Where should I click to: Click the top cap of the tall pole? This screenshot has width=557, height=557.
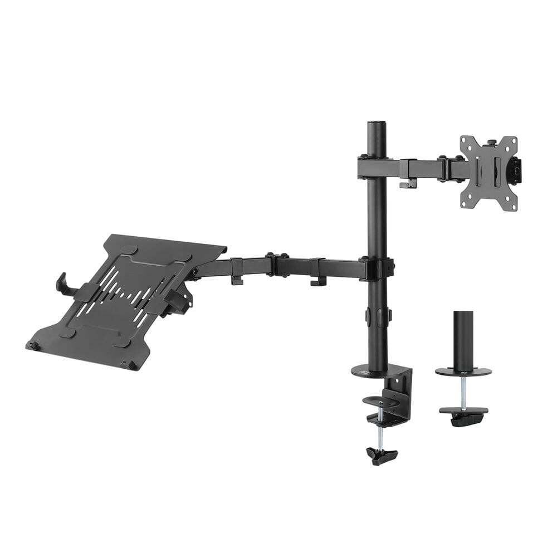point(377,122)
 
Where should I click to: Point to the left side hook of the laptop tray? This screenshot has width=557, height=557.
point(62,283)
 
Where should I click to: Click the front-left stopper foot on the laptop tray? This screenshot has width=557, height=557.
point(33,346)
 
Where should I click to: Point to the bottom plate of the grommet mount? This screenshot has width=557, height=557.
point(463,412)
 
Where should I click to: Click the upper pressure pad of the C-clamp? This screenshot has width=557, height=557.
point(380,400)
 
